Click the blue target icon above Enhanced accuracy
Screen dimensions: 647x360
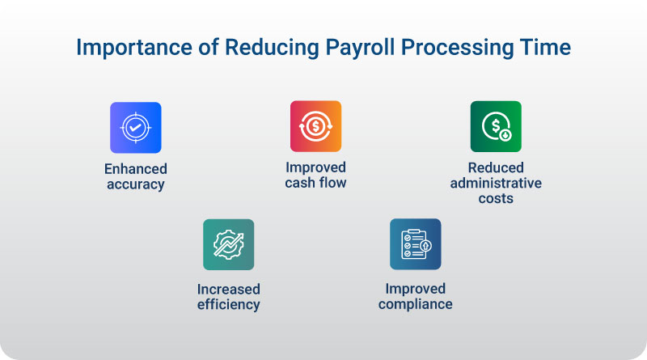point(136,128)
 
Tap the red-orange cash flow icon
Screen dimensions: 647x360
point(315,126)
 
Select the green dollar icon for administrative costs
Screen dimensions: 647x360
point(496,126)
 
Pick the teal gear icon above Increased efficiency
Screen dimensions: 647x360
point(229,245)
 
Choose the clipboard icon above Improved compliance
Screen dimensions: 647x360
point(416,244)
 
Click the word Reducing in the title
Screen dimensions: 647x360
point(272,48)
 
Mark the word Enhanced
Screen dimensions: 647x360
point(136,169)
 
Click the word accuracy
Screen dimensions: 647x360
point(136,184)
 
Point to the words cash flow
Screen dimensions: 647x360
point(315,183)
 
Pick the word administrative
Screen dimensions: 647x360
point(496,183)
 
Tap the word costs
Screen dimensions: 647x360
point(496,198)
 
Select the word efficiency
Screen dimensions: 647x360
point(229,305)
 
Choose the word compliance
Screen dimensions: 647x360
point(416,304)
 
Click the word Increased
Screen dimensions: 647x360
point(229,289)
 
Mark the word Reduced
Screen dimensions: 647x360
point(496,167)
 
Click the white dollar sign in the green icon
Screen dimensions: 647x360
point(496,125)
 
